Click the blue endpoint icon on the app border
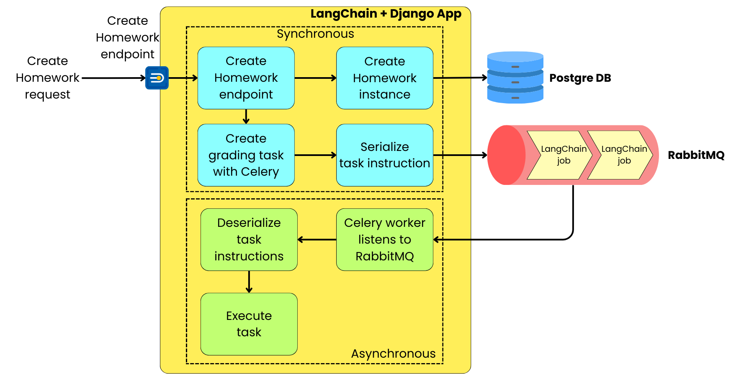point(157,78)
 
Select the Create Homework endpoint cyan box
point(246,78)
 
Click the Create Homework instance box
point(384,78)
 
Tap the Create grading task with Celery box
point(246,155)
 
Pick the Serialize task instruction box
point(384,155)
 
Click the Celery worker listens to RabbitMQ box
point(384,239)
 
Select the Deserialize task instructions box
point(249,239)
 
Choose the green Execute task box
point(249,324)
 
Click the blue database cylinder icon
point(515,78)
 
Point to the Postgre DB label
point(580,78)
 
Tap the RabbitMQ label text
point(696,155)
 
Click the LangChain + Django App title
point(386,14)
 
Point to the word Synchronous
point(315,34)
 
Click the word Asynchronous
point(393,353)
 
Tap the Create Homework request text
point(47,78)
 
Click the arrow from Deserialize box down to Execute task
point(249,281)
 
